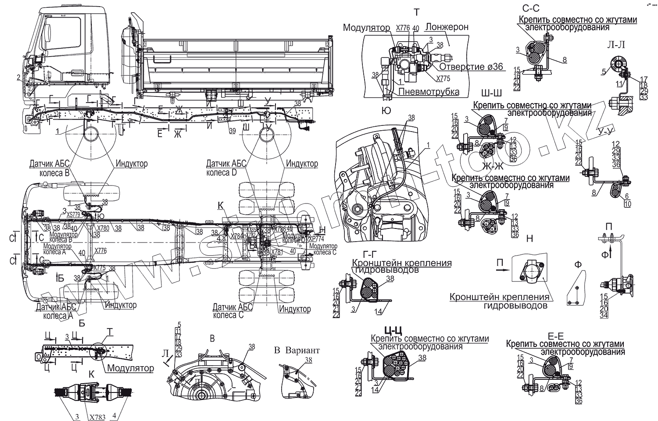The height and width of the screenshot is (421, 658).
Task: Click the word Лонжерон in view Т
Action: click(x=447, y=27)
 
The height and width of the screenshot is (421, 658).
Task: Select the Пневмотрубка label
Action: click(x=429, y=92)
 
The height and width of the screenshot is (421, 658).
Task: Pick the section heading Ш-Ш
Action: click(x=491, y=94)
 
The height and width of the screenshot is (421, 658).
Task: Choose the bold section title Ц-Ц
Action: click(x=394, y=330)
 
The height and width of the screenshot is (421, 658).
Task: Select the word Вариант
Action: click(x=303, y=350)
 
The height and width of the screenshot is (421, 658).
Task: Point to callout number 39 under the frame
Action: click(x=232, y=130)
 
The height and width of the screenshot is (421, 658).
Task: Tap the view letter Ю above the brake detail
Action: click(x=386, y=111)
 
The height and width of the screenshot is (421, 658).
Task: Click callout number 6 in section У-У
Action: click(x=627, y=196)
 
